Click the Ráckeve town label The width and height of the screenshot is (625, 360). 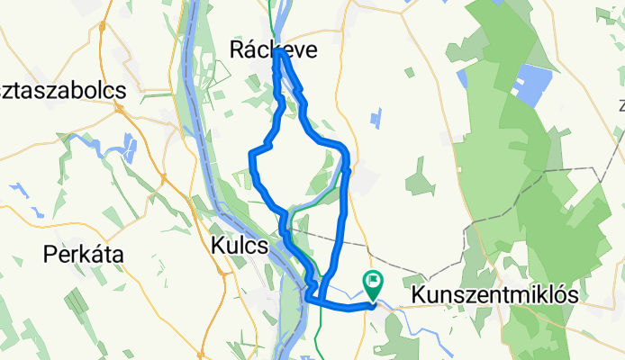coord(274,52)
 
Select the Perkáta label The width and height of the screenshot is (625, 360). coord(83,255)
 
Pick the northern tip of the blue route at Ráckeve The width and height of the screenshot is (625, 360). coord(281,53)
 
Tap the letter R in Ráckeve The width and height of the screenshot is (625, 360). coord(239,52)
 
